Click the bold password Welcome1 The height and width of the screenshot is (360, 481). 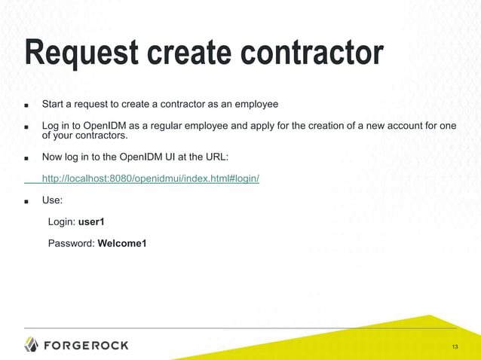[x=122, y=243]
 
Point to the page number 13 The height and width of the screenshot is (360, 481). [x=455, y=346]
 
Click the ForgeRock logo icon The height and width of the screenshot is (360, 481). [x=31, y=345]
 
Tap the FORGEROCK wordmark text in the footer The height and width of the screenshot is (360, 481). [x=87, y=345]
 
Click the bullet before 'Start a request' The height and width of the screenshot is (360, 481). [x=26, y=105]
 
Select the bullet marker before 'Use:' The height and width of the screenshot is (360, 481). [x=26, y=202]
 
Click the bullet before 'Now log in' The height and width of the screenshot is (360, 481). [x=26, y=159]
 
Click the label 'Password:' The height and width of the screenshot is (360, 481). [x=71, y=243]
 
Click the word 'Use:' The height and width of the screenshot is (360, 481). [x=52, y=201]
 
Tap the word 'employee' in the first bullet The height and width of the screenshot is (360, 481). [x=257, y=104]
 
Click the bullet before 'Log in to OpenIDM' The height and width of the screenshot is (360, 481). [x=26, y=127]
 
